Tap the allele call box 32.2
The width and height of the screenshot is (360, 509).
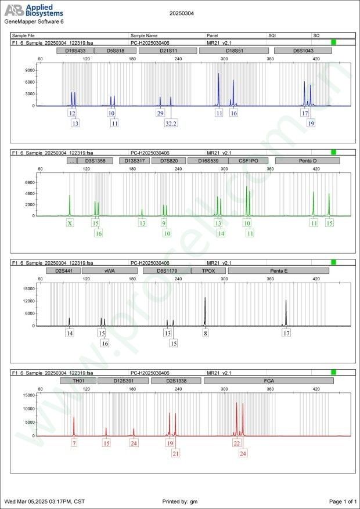pos(171,124)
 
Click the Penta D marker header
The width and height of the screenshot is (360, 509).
pos(307,161)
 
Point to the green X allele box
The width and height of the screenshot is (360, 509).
pos(70,223)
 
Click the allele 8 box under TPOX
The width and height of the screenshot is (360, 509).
pos(205,333)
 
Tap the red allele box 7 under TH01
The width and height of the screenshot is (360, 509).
pos(74,443)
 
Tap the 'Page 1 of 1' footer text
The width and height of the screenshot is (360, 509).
pos(342,501)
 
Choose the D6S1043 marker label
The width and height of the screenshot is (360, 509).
pos(303,50)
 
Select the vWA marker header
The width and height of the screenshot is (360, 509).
pos(109,270)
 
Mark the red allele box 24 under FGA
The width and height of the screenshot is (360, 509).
pos(243,453)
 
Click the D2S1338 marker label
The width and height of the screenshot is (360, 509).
pos(175,381)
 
